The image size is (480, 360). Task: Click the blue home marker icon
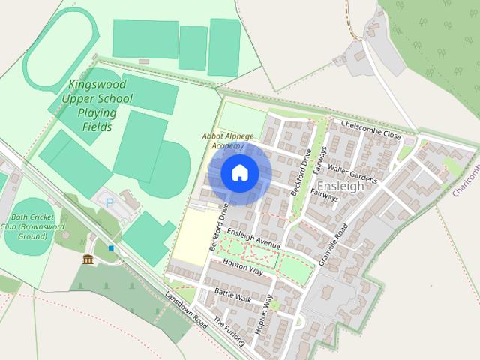(x=239, y=172)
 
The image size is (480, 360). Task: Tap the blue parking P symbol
(x=110, y=202)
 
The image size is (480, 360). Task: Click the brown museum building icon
(x=88, y=259)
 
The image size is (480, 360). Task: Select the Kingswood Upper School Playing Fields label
(x=97, y=106)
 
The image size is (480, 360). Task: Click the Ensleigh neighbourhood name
(x=341, y=185)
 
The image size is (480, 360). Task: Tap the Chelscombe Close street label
(x=371, y=129)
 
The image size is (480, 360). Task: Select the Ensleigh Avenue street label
(x=256, y=239)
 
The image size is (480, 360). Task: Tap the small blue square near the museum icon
(x=111, y=247)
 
